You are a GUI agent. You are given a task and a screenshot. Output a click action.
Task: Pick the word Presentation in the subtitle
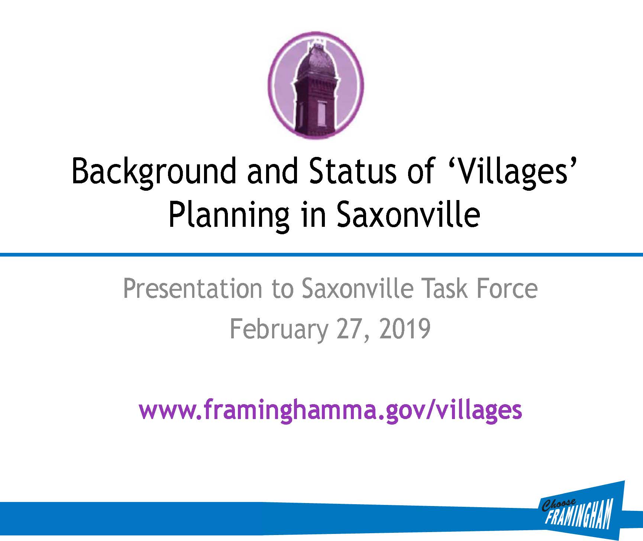click(192, 289)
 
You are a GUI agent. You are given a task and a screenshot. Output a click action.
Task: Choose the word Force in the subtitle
click(508, 289)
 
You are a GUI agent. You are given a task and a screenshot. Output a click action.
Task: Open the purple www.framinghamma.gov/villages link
click(330, 410)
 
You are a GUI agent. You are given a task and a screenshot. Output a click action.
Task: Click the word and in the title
click(272, 171)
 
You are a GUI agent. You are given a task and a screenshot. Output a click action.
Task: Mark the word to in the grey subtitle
click(282, 289)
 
